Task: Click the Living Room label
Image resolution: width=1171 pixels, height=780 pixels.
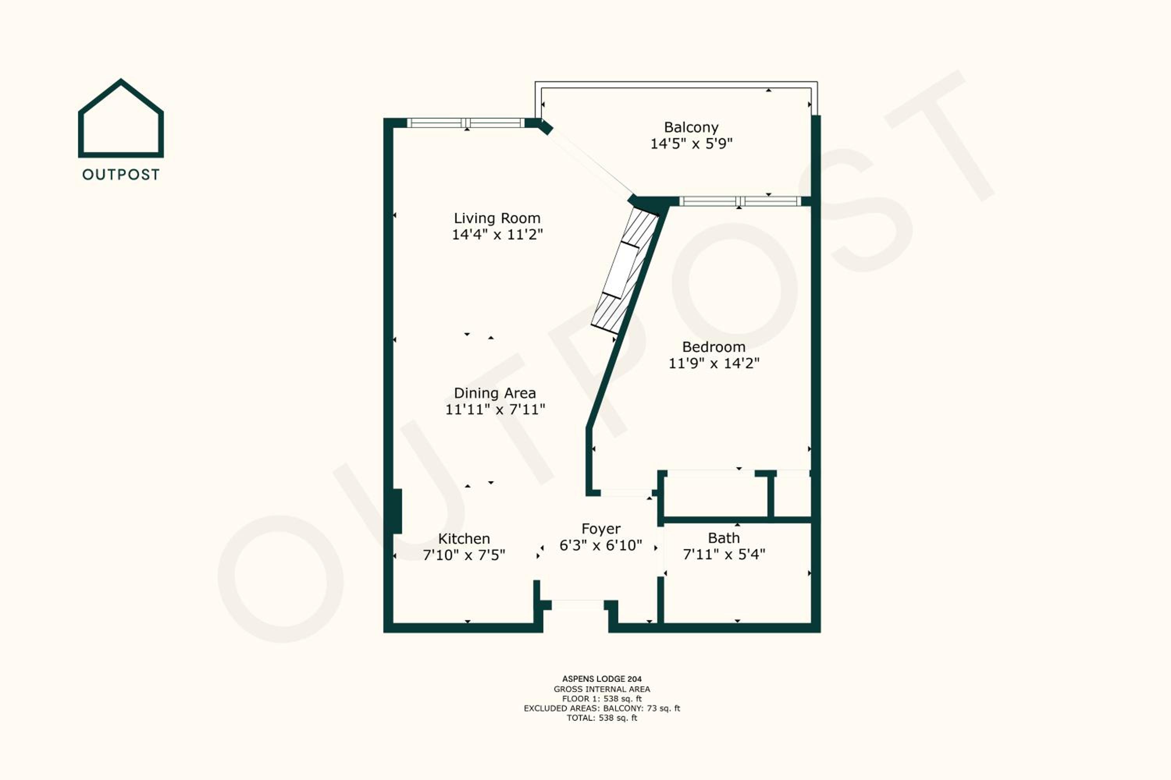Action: pyautogui.click(x=497, y=218)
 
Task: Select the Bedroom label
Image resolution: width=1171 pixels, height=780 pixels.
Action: pyautogui.click(x=714, y=347)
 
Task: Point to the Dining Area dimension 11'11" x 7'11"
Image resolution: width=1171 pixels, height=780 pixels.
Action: pyautogui.click(x=495, y=409)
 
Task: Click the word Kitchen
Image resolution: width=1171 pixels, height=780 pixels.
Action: pyautogui.click(x=464, y=539)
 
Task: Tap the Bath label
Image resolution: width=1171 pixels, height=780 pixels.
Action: pyautogui.click(x=724, y=538)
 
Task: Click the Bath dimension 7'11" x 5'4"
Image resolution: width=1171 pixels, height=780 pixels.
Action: pyautogui.click(x=724, y=554)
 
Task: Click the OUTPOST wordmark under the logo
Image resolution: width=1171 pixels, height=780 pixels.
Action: pyautogui.click(x=121, y=175)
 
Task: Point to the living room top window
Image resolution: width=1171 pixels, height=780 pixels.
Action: pyautogui.click(x=466, y=123)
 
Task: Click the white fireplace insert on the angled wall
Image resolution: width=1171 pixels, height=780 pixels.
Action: pyautogui.click(x=620, y=271)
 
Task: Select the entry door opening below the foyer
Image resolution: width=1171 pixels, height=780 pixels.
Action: pyautogui.click(x=578, y=605)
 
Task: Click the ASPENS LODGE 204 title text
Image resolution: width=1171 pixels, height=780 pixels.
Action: pyautogui.click(x=602, y=679)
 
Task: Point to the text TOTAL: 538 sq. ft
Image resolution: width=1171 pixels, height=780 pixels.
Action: pyautogui.click(x=602, y=718)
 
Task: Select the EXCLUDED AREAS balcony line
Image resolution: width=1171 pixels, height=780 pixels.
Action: pyautogui.click(x=602, y=708)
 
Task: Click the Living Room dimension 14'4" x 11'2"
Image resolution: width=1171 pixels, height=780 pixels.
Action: pyautogui.click(x=497, y=234)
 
